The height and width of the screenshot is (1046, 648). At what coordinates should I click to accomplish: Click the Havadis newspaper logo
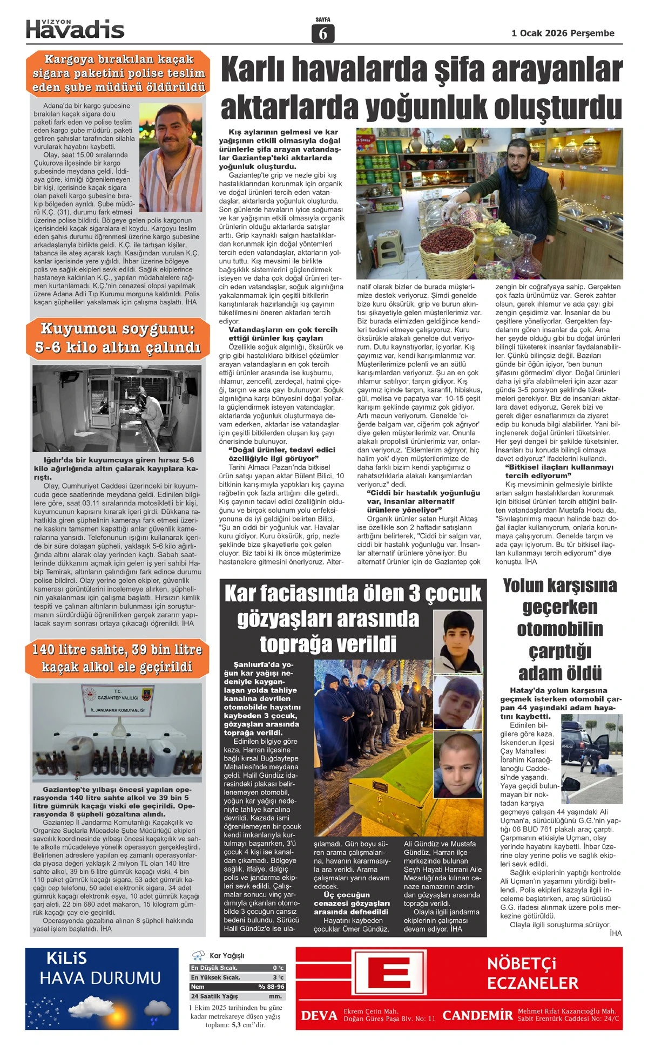coord(75,29)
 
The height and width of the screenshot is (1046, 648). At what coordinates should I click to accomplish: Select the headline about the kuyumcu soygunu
coord(118,338)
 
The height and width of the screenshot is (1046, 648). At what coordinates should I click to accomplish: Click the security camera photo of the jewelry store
coord(117,408)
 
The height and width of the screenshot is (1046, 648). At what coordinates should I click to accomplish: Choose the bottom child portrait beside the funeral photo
coord(458,764)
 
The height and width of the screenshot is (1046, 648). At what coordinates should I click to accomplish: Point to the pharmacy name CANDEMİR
coord(477,1015)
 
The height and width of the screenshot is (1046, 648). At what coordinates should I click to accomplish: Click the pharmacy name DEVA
coord(319,1016)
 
